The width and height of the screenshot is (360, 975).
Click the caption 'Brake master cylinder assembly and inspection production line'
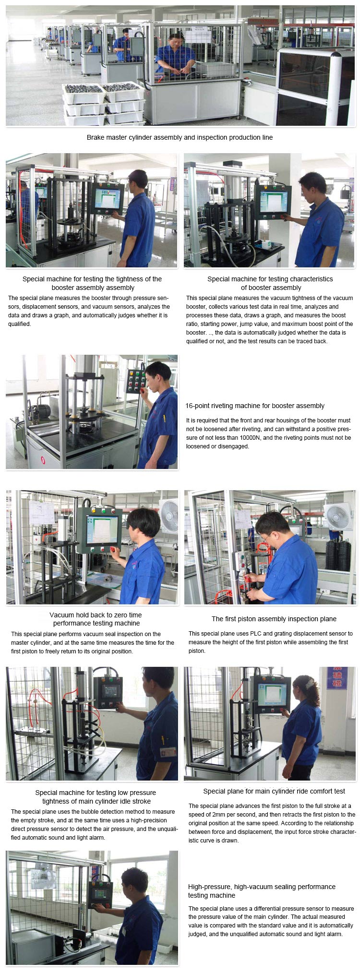(x=180, y=137)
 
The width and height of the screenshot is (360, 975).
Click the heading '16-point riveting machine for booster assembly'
(x=255, y=406)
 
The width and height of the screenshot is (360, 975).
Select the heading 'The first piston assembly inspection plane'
(x=274, y=619)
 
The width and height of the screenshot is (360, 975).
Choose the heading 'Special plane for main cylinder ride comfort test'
(x=274, y=791)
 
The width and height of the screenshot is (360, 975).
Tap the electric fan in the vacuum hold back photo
(x=169, y=516)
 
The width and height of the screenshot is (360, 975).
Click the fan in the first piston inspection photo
(x=339, y=517)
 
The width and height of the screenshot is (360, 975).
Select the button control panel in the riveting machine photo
(x=135, y=381)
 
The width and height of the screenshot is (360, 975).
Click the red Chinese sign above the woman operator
(x=336, y=678)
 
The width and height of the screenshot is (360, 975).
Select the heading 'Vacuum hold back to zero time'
(x=96, y=615)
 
